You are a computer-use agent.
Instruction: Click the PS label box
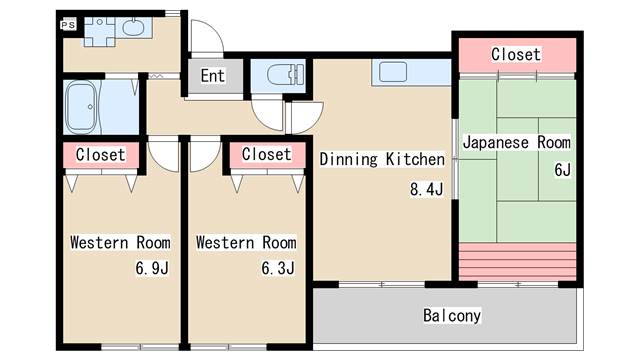(x=67, y=24)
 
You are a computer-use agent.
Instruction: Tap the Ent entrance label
(x=212, y=76)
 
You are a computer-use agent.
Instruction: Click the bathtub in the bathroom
(x=85, y=106)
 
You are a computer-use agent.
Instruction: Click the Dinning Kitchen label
(x=381, y=159)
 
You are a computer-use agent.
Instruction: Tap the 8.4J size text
(x=425, y=189)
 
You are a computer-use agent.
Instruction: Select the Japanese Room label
(x=516, y=142)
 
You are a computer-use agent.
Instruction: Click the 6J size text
(x=562, y=169)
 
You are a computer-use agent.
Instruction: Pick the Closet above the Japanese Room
(x=516, y=54)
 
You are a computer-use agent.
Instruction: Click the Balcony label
(x=451, y=315)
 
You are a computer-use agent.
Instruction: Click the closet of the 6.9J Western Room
(x=100, y=155)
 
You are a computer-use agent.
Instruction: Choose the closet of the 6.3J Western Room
(x=266, y=155)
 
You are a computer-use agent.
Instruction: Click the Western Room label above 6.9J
(x=120, y=242)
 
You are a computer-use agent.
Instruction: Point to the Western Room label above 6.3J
(x=246, y=242)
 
